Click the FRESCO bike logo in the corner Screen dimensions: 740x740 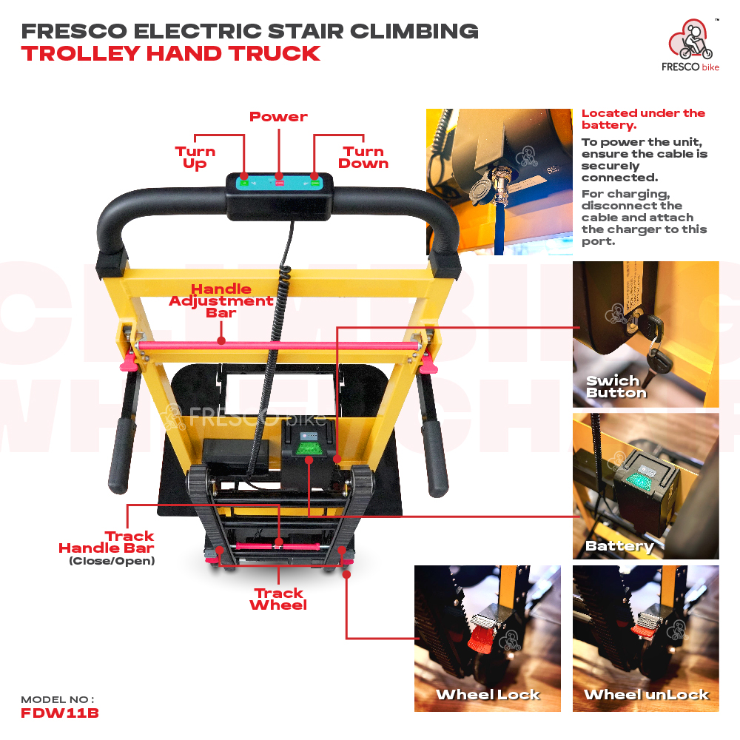point(690,45)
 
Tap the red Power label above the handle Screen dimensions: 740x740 point(278,117)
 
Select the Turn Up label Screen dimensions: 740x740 point(195,158)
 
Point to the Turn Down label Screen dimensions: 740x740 point(363,158)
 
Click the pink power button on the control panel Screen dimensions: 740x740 point(280,183)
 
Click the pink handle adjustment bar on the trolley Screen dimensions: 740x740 point(278,346)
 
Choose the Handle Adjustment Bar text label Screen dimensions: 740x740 point(221,300)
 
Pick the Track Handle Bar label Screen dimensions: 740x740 point(107,548)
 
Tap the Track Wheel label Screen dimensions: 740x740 point(278,599)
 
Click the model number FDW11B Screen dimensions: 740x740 point(60,713)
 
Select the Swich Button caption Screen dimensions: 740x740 point(616,387)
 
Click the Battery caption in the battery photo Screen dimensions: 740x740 point(619,547)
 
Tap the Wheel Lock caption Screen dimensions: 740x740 point(488,695)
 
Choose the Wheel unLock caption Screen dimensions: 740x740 point(646,695)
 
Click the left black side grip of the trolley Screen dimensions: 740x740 point(121,453)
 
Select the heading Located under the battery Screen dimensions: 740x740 point(643,119)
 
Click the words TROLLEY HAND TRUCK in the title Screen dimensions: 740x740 point(171,53)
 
